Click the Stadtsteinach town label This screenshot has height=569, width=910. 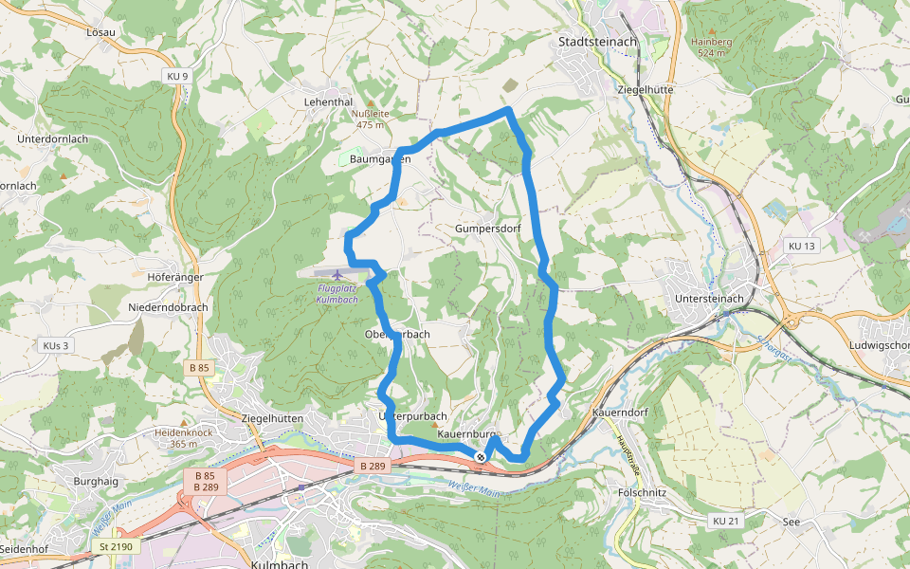[597, 43]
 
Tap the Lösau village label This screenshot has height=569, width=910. [100, 32]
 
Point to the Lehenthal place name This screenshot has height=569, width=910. [328, 101]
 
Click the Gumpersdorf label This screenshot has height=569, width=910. [488, 229]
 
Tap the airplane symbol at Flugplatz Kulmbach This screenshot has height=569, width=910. [338, 275]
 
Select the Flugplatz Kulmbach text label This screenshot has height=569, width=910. [337, 294]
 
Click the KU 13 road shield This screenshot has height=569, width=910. [801, 247]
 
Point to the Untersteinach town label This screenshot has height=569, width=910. [710, 299]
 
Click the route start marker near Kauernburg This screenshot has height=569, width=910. [482, 457]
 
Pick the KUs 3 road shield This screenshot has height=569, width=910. [55, 345]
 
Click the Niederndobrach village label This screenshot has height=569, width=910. [168, 308]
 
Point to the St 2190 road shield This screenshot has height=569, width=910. [118, 546]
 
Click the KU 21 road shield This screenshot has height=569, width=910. [725, 521]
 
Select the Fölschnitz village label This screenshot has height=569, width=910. [642, 493]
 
